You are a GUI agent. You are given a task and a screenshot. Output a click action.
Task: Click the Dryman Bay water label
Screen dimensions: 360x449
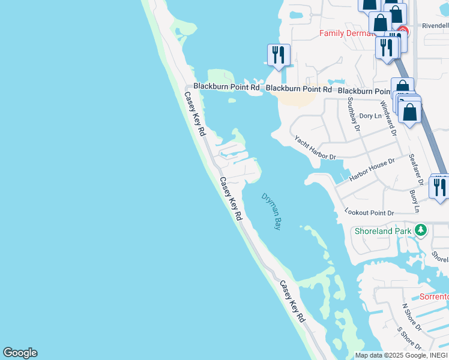click(x=271, y=212)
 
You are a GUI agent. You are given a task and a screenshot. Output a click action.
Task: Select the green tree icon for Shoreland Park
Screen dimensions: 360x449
click(x=421, y=230)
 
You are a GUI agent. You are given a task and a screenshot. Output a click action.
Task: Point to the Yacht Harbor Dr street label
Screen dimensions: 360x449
click(x=315, y=148)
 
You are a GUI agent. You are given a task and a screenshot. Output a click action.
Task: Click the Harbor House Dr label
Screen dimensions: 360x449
click(x=372, y=169)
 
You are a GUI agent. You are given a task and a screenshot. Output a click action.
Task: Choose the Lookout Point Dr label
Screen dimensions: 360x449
click(x=369, y=212)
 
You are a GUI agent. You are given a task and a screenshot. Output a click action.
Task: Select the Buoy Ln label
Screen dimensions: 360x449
click(x=414, y=202)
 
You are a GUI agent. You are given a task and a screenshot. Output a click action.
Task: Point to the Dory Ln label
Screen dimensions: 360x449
click(x=370, y=116)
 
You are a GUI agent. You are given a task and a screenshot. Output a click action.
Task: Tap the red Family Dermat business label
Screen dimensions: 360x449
click(x=347, y=33)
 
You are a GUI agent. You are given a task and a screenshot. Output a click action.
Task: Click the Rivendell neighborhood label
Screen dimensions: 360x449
click(x=435, y=26)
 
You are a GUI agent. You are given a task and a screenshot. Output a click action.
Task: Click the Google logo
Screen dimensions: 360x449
click(x=20, y=353)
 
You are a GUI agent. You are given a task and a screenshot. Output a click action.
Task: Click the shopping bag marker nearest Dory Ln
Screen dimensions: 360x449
click(x=409, y=112)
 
